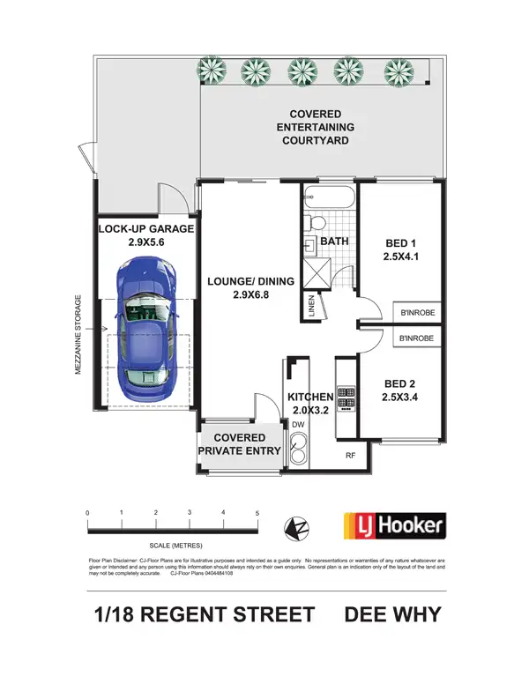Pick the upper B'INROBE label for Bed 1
(417, 313)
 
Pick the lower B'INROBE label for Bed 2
(417, 338)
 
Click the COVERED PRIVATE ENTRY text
(240, 444)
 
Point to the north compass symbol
(295, 528)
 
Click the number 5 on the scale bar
(257, 513)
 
